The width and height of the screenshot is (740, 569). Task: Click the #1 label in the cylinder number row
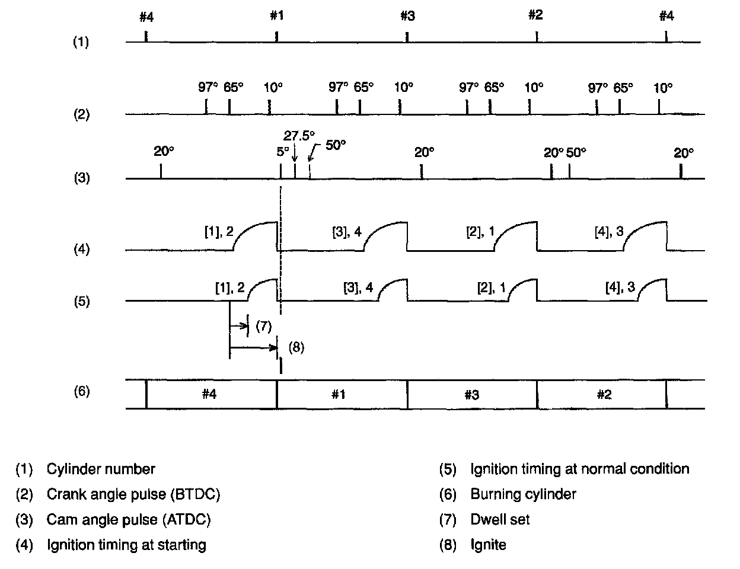coord(277,15)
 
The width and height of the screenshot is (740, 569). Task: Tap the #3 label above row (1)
coord(407,16)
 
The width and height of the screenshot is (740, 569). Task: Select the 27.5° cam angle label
coord(299,135)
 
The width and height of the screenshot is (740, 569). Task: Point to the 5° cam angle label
coord(283,152)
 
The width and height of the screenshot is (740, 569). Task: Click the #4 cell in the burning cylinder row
coord(208,394)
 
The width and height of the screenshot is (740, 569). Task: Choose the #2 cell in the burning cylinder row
coord(604,394)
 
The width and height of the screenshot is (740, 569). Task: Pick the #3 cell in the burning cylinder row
coord(471,394)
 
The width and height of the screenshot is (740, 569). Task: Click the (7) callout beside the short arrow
coord(263,325)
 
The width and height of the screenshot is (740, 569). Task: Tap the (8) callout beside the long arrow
coord(296,347)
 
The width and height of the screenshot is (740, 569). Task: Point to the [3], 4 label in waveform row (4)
coord(346,232)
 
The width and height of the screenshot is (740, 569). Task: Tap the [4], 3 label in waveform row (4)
coord(608,232)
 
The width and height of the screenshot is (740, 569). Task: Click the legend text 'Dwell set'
coord(500,520)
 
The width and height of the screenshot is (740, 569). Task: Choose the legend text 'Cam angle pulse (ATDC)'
coord(129,520)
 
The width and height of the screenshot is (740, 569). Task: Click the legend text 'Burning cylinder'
coord(523,494)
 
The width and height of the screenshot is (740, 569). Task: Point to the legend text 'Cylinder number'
coord(101,469)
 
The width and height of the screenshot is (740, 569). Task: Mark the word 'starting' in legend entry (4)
coord(181,545)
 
